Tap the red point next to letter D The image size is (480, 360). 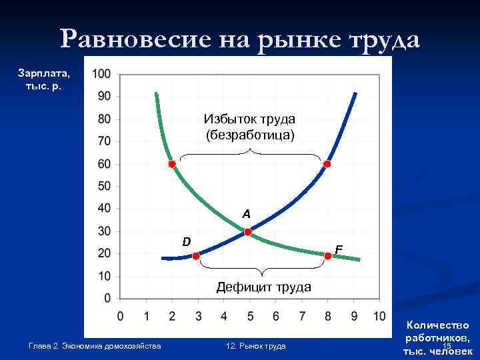(x=196, y=256)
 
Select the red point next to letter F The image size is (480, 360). (x=328, y=256)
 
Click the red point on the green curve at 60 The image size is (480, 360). (x=171, y=164)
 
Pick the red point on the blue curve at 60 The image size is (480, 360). (x=327, y=164)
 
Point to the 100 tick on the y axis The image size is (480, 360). (x=102, y=73)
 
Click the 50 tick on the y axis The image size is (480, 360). (x=104, y=186)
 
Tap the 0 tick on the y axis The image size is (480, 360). (x=107, y=298)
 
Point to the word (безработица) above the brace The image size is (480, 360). (x=250, y=135)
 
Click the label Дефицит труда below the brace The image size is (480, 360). (x=264, y=287)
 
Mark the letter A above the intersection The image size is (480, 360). (x=246, y=215)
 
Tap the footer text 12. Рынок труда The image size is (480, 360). (x=256, y=346)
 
